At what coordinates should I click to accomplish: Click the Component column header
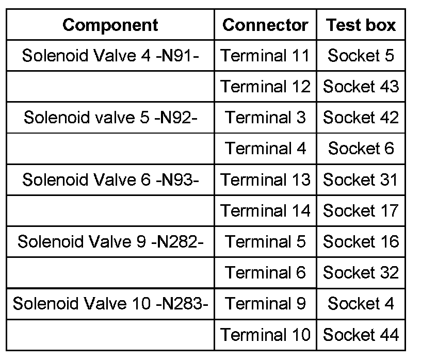click(x=110, y=25)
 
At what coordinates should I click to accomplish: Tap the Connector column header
click(x=265, y=25)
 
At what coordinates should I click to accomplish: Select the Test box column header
click(x=361, y=25)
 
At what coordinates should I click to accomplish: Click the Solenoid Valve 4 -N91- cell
click(x=110, y=55)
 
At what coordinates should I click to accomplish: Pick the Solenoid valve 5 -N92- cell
click(x=110, y=118)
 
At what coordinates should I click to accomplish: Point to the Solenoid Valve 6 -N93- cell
click(x=110, y=179)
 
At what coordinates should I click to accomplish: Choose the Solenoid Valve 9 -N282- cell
click(x=110, y=241)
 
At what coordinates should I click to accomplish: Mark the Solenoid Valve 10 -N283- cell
click(x=110, y=303)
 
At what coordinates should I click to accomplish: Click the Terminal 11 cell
click(x=265, y=55)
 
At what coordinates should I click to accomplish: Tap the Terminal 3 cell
click(x=265, y=118)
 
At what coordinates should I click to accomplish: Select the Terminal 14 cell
click(x=265, y=210)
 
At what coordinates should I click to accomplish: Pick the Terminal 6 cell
click(x=265, y=272)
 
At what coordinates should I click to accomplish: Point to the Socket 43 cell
click(x=361, y=86)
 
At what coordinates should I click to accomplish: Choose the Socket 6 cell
click(x=361, y=149)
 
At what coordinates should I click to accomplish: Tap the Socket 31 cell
click(x=361, y=179)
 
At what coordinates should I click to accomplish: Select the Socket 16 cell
click(x=361, y=241)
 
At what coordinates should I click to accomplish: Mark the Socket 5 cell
click(x=361, y=55)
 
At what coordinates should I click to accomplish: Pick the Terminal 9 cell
click(x=265, y=303)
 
